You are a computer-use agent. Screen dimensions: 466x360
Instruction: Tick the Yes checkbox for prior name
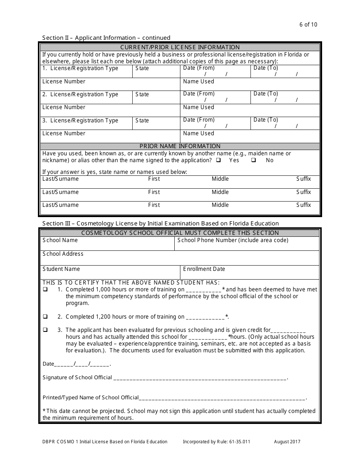[x=219, y=160]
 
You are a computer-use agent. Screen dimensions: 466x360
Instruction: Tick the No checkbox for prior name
[x=254, y=160]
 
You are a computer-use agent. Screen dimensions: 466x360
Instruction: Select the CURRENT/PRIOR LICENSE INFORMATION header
[x=180, y=47]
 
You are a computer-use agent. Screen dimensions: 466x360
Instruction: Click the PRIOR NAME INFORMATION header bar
[x=180, y=146]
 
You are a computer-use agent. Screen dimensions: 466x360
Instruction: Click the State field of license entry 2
[x=156, y=97]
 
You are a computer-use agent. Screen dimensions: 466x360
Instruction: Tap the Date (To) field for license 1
[x=285, y=71]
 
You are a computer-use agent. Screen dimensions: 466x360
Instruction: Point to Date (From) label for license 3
[x=199, y=120]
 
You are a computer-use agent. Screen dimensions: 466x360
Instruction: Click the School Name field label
[x=60, y=240]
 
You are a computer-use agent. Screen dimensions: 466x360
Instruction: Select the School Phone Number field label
[x=233, y=240]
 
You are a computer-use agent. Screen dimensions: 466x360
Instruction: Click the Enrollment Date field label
[x=204, y=269]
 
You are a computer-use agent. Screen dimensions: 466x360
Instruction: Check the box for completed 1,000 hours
[x=45, y=289]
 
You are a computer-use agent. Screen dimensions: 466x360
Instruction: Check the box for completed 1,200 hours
[x=45, y=317]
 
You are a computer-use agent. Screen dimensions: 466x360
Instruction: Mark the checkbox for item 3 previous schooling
[x=45, y=330]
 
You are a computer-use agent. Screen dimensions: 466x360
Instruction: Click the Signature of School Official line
[x=200, y=378]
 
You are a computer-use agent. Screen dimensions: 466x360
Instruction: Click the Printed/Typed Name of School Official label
[x=91, y=398]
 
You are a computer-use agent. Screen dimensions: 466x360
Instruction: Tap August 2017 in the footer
[x=288, y=442]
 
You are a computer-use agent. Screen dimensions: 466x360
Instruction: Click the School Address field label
[x=63, y=254]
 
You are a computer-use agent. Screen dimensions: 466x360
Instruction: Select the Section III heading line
[x=160, y=224]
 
